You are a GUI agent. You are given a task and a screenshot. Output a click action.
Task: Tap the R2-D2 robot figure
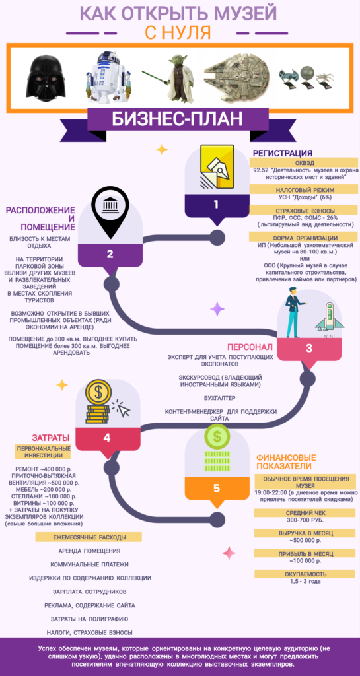tap(106, 77)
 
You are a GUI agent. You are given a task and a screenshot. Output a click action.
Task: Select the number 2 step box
tap(110, 254)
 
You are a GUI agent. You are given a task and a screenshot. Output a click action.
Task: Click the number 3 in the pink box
tap(308, 349)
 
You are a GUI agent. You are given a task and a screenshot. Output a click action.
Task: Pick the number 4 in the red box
tap(107, 438)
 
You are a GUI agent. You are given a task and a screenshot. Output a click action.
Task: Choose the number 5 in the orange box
tap(217, 488)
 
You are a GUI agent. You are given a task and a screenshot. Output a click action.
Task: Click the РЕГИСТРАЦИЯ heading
tap(283, 153)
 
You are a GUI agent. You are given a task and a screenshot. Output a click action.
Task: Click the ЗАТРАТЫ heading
tap(51, 438)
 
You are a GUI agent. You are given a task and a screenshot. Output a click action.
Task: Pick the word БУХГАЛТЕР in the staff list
tap(220, 397)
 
